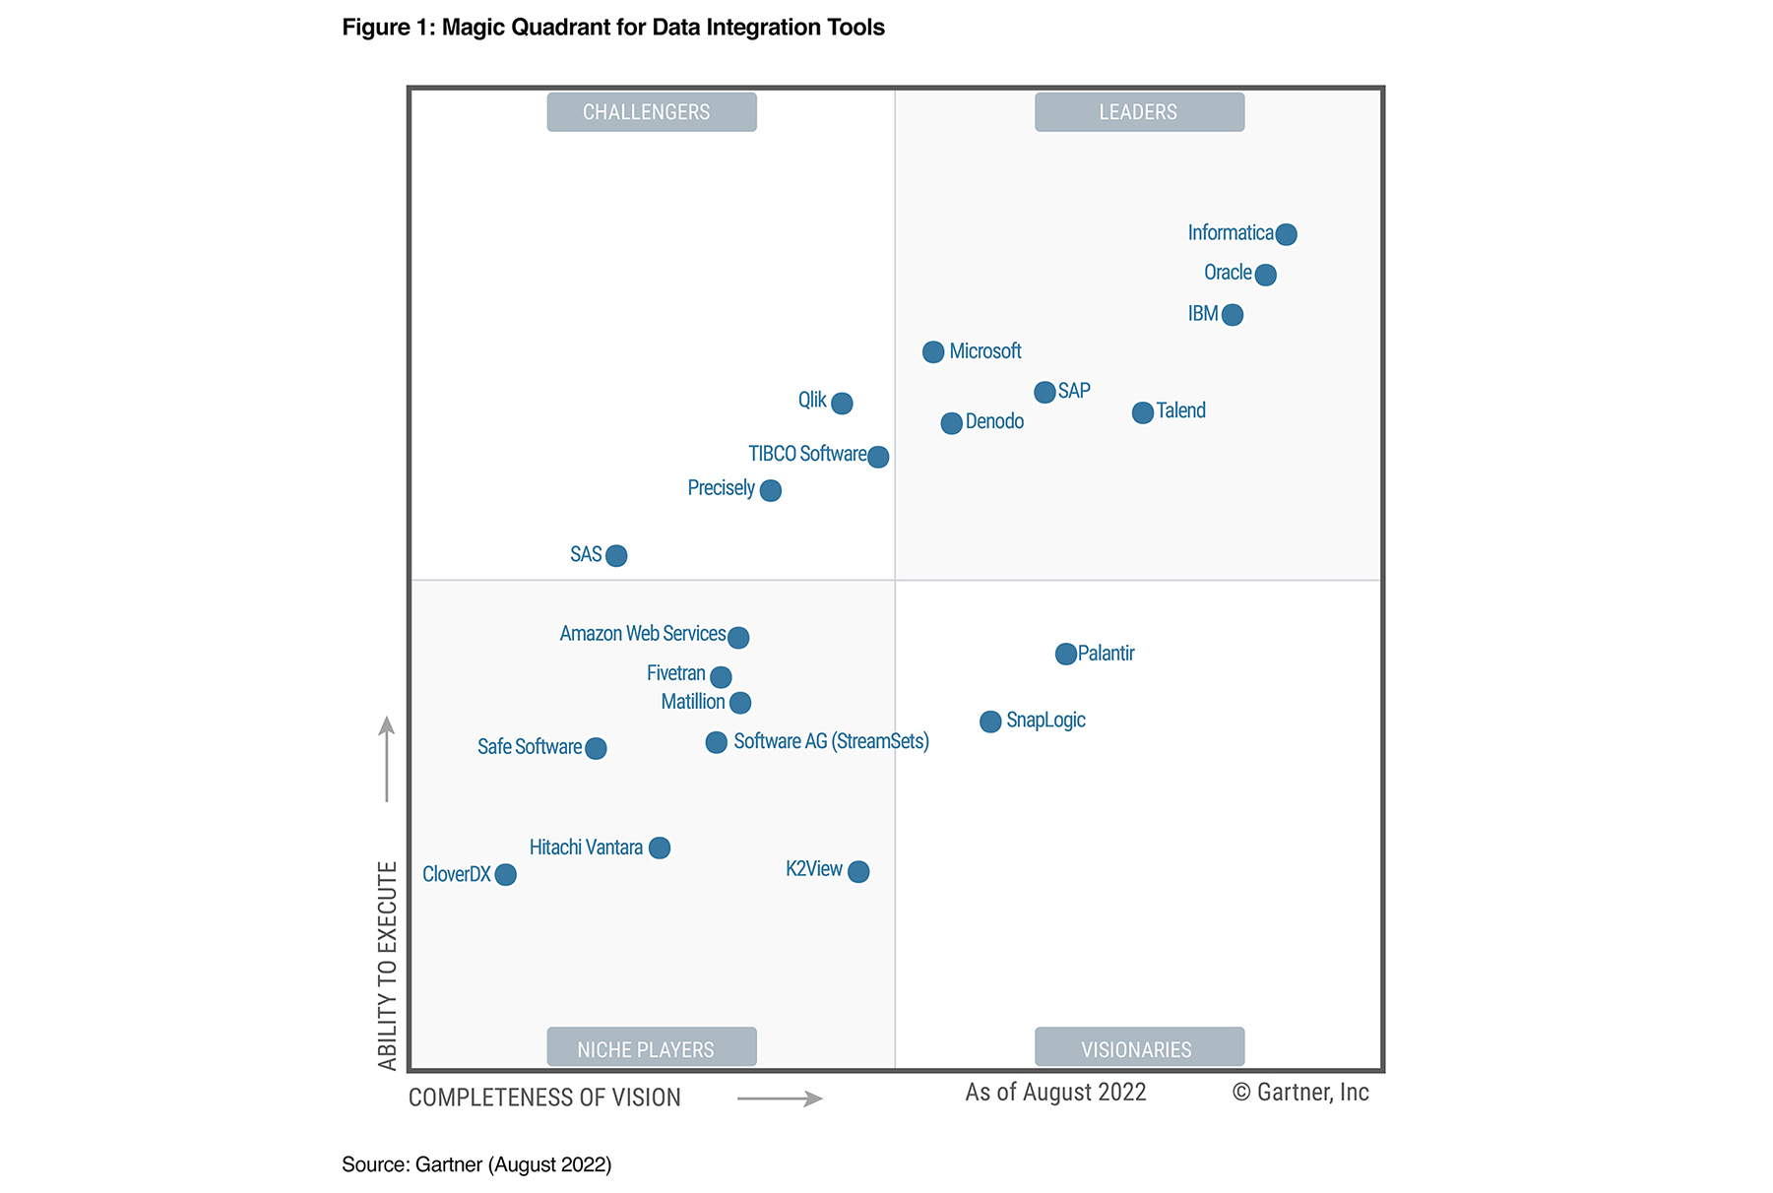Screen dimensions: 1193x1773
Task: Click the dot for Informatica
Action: tap(1286, 234)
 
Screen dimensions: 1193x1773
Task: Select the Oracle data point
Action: tap(1266, 275)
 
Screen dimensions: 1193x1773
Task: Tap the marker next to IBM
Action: tap(1232, 315)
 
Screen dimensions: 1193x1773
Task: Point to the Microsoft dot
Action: tap(933, 352)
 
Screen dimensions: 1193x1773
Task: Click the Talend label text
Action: tap(1180, 410)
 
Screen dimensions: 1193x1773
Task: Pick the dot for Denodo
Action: tap(951, 423)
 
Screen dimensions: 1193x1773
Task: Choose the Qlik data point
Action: tap(842, 403)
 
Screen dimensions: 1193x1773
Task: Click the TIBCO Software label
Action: tap(807, 454)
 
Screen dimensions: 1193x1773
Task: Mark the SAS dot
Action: tap(616, 556)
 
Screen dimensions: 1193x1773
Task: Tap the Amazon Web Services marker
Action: tap(738, 638)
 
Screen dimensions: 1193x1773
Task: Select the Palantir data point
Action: tap(1065, 654)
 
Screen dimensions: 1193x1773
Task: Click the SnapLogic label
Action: tap(1045, 720)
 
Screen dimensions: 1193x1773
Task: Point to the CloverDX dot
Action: tap(506, 875)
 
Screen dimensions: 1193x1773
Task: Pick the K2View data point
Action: tap(858, 872)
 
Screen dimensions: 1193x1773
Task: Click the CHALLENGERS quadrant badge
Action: tap(652, 112)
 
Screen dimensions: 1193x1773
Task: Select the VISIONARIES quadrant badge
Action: tap(1139, 1047)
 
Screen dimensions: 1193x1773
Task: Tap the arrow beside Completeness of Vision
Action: tap(780, 1099)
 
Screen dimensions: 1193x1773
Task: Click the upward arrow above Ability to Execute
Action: tap(387, 758)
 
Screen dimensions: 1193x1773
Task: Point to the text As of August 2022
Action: tap(1055, 1093)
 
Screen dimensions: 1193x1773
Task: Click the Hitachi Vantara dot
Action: tap(660, 848)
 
